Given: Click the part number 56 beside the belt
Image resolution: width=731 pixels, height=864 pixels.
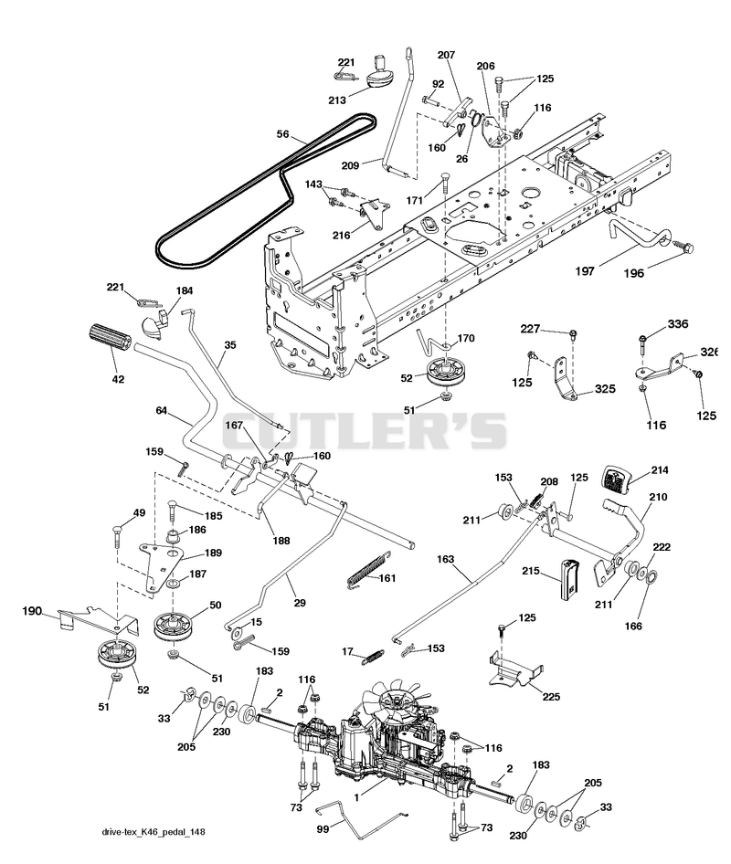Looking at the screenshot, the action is (283, 134).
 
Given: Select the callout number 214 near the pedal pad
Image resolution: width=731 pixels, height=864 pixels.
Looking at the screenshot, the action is (660, 470).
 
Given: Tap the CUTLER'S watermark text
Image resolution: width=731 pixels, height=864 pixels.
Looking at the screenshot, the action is (364, 431).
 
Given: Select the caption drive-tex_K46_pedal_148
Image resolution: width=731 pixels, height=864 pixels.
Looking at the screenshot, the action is (154, 832).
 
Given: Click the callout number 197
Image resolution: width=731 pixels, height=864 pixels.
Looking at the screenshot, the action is (585, 270).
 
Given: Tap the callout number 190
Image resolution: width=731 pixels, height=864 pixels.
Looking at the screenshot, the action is (32, 611).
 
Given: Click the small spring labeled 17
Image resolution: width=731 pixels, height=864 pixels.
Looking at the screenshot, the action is (373, 658).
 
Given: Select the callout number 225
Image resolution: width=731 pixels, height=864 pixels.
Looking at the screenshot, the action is (551, 697).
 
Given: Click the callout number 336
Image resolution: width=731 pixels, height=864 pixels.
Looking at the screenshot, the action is (677, 323).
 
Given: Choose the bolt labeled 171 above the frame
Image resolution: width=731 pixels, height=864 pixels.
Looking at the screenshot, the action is (445, 182).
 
